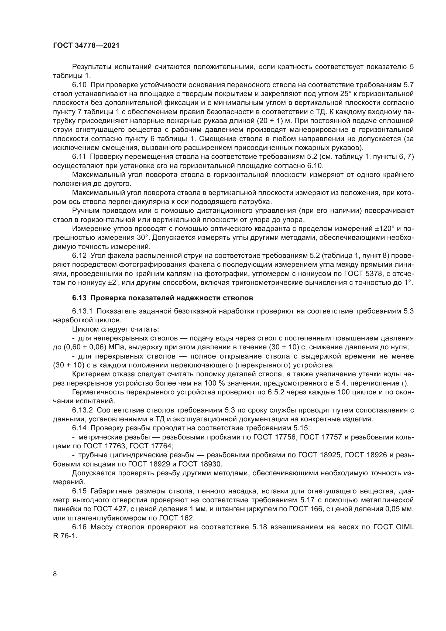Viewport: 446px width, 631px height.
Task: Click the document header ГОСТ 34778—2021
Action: (x=86, y=46)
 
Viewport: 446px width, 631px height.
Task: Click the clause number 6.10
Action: (x=80, y=85)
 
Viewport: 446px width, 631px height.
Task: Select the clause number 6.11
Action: (x=80, y=157)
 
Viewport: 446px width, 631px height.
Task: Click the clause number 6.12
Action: (x=80, y=255)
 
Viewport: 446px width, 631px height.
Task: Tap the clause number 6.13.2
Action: (x=83, y=410)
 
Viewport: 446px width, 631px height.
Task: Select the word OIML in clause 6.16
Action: (x=404, y=527)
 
